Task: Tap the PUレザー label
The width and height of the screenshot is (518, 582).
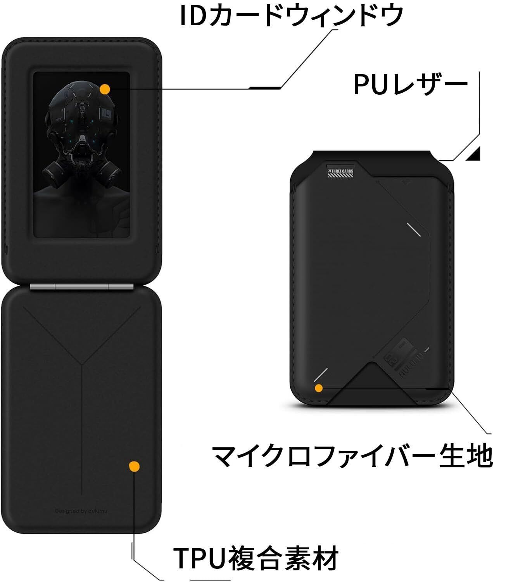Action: (x=410, y=84)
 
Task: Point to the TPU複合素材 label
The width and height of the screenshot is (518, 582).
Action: (x=256, y=558)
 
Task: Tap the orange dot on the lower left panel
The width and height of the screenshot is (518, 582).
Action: (x=134, y=466)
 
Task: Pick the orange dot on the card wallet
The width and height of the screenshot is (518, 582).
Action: (x=319, y=388)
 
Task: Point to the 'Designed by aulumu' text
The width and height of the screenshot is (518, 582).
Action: (x=81, y=511)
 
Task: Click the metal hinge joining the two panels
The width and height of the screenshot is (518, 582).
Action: (x=82, y=287)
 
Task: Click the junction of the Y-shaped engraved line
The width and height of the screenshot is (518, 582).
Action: (x=82, y=365)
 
